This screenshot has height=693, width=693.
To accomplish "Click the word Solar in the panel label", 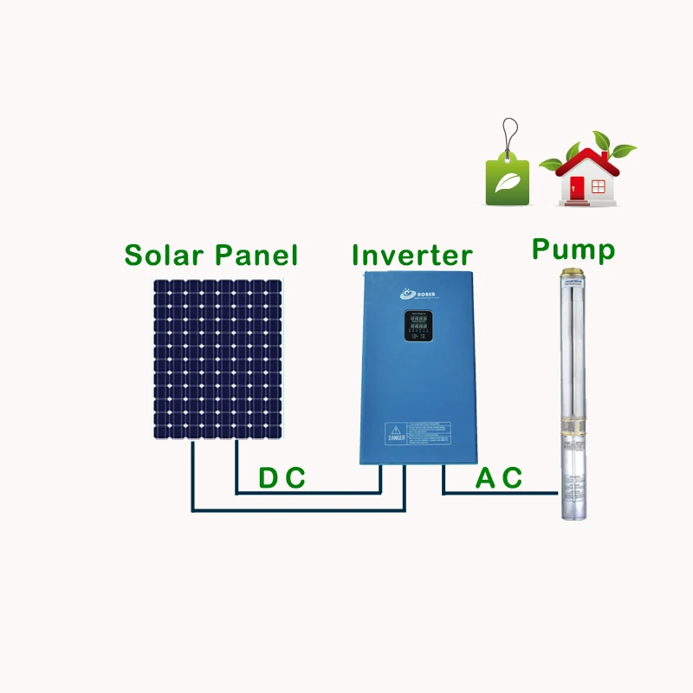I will pos(165,256).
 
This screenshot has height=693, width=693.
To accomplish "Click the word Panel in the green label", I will pos(256,256).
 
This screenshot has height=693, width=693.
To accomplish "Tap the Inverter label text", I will pos(412,256).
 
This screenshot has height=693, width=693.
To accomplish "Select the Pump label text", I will pos(573,250).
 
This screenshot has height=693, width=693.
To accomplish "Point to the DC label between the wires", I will pos(282,478).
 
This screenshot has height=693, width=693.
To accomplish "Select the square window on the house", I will pos(597,184).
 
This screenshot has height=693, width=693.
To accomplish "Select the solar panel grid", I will pos(218,358).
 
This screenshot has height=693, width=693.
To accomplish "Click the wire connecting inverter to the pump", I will pos(498,494).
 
